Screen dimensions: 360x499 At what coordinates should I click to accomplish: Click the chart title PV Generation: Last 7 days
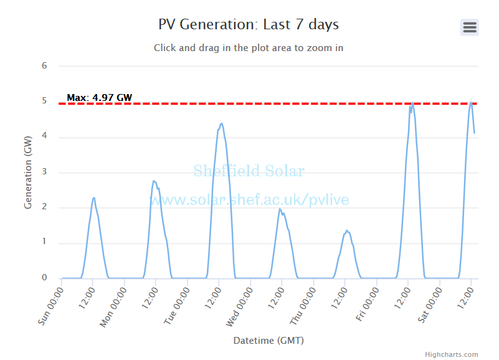249,25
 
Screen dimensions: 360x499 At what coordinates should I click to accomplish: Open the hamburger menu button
469,27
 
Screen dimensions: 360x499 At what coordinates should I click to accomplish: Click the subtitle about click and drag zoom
249,47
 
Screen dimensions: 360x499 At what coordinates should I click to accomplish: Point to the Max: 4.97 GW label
99,97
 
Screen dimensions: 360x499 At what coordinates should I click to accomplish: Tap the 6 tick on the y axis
44,65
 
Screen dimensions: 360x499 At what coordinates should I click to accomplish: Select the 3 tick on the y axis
44,172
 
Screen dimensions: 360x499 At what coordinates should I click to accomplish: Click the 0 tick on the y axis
44,278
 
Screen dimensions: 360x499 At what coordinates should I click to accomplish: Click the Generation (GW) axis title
28,172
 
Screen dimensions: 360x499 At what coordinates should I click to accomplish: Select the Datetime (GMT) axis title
269,341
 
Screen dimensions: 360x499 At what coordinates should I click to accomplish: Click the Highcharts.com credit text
451,354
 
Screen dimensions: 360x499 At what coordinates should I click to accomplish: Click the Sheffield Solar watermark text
249,171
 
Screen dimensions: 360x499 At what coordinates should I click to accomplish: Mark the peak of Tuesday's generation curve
221,123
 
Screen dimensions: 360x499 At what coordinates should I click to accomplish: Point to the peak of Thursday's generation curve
347,230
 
